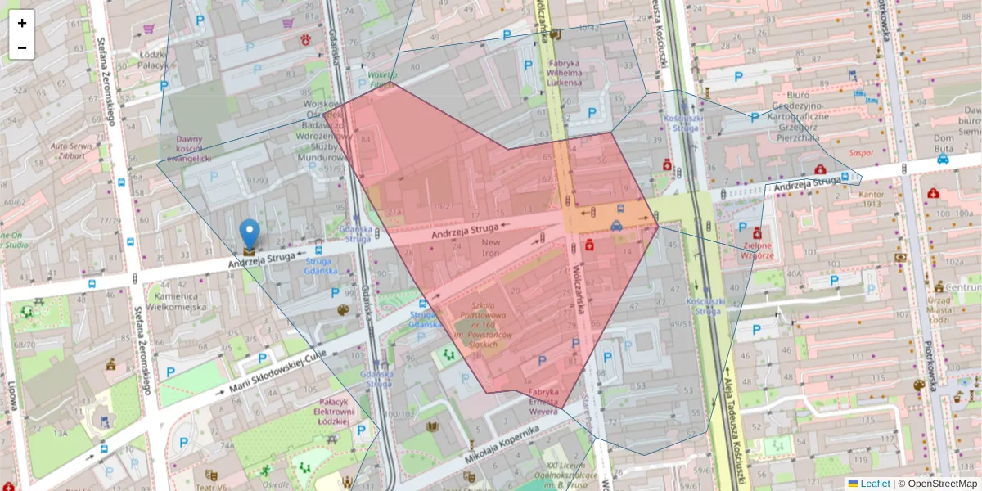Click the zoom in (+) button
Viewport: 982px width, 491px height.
pos(22,23)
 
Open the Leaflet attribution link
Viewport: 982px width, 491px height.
pos(875,484)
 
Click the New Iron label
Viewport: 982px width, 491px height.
pos(491,248)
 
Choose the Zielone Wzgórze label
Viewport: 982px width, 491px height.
pos(758,250)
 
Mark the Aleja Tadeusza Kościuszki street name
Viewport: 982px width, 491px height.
pos(736,426)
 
